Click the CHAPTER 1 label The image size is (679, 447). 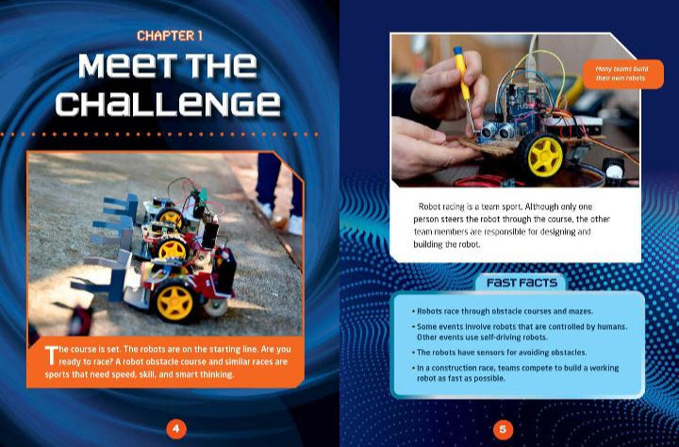click(170, 36)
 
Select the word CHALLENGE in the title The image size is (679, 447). click(168, 103)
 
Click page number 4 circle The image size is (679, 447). click(175, 429)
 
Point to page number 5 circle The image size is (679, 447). click(503, 429)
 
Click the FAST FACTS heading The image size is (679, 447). click(521, 282)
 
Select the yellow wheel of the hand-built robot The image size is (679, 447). click(544, 155)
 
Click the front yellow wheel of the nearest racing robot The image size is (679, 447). click(174, 301)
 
